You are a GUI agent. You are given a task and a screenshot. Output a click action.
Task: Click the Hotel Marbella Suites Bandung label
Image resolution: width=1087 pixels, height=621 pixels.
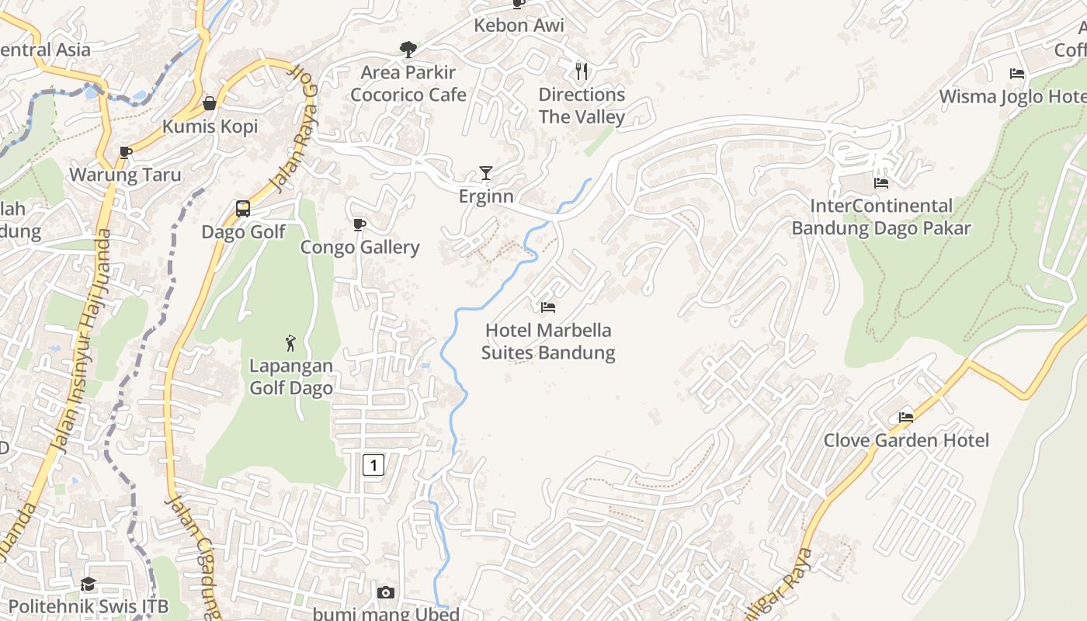[x=548, y=342]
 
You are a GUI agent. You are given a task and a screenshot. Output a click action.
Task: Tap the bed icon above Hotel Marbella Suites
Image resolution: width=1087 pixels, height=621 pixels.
[x=548, y=307]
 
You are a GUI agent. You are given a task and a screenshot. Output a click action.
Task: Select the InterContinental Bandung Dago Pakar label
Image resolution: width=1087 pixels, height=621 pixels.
[x=881, y=217]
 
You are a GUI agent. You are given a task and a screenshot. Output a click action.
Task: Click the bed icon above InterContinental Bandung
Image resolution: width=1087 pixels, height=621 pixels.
[x=881, y=183]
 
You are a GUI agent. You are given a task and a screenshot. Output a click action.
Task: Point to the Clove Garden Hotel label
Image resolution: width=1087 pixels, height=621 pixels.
[x=906, y=440]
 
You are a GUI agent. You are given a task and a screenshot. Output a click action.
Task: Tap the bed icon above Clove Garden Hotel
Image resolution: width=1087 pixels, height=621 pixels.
[x=906, y=417]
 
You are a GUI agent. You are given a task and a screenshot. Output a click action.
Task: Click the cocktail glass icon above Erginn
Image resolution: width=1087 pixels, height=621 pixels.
[x=486, y=172]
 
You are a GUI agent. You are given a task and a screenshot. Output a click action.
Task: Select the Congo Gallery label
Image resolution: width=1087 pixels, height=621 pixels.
[x=359, y=247]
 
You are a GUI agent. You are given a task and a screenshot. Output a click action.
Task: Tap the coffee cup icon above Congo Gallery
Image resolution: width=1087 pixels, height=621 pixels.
[x=359, y=224]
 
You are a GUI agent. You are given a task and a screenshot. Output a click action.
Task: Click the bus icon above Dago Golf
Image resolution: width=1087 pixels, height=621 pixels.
[x=243, y=208]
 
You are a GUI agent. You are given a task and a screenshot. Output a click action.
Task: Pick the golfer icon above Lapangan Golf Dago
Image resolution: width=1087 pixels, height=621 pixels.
[x=290, y=342]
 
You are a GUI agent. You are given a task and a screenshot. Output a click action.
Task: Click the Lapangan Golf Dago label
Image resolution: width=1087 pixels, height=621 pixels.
[x=291, y=376]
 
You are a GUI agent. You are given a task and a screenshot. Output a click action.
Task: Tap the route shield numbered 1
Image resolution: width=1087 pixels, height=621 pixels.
[x=373, y=465]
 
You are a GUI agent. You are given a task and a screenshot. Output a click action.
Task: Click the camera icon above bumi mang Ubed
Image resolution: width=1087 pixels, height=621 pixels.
[x=385, y=593]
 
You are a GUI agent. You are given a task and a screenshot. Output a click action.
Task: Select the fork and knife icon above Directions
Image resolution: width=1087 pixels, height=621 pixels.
[x=582, y=71]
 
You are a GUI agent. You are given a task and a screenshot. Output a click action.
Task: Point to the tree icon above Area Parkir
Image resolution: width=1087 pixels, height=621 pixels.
[x=408, y=50]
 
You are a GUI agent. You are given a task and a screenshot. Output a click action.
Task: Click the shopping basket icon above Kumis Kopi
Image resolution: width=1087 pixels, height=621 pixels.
[x=210, y=103]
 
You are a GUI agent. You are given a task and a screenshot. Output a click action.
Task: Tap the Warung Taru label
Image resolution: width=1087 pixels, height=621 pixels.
[x=125, y=175]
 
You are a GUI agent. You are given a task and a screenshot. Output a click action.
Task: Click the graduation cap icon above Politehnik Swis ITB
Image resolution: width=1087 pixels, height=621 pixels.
[x=88, y=584]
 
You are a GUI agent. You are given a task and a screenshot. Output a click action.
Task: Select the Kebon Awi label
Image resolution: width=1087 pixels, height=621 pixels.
[x=519, y=25]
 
